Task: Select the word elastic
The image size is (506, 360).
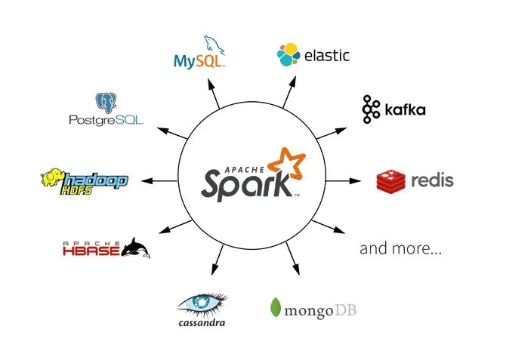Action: [327, 54]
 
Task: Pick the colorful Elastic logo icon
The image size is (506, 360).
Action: [287, 54]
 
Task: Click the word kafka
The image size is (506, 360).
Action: [404, 110]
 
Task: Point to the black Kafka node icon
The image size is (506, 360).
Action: [370, 109]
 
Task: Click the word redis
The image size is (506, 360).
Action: [431, 181]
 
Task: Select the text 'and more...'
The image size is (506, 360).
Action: [400, 248]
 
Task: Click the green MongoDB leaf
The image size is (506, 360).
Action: [276, 308]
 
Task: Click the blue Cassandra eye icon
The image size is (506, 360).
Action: [201, 303]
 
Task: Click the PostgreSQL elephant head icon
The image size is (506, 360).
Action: [106, 103]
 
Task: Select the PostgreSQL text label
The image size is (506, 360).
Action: [106, 120]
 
